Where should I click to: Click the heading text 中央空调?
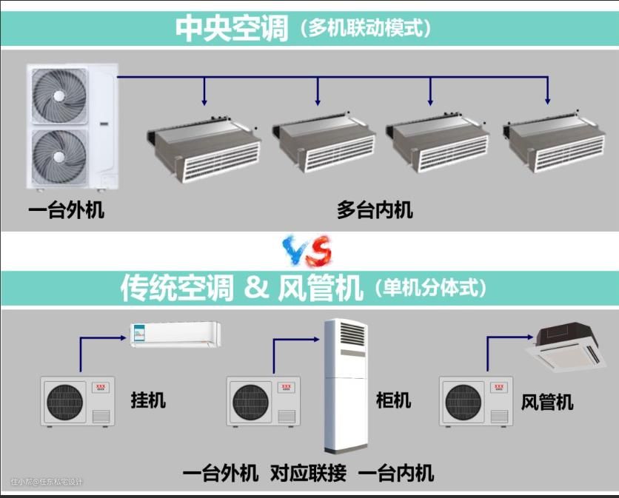(x=231, y=28)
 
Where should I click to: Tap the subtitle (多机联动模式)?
(x=365, y=29)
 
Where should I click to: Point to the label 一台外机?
(x=67, y=211)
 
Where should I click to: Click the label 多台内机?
(x=375, y=211)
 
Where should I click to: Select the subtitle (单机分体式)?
(x=431, y=287)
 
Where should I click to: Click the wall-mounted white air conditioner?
(x=175, y=333)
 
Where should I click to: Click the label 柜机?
(x=393, y=400)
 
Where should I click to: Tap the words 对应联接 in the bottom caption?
(x=308, y=473)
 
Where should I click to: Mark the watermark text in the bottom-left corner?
(x=47, y=482)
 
